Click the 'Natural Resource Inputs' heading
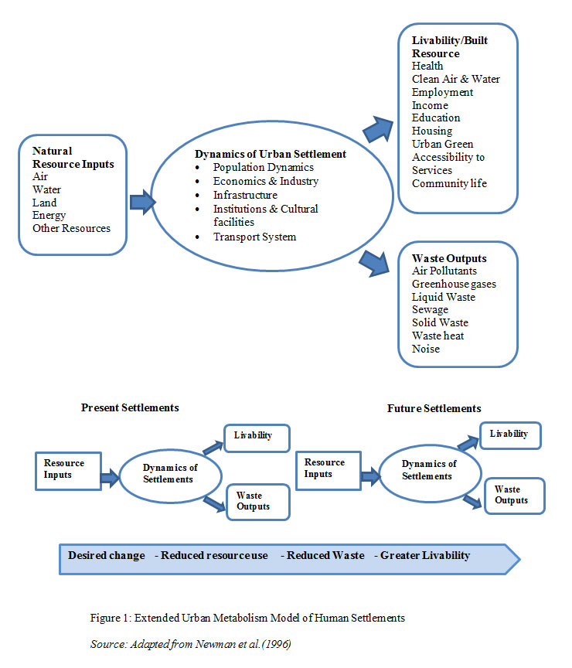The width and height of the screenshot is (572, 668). coord(73,158)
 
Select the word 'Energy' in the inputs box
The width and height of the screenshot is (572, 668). coord(49,216)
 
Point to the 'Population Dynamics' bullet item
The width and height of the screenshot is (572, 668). coord(264,168)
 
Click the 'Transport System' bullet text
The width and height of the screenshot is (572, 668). coord(255,237)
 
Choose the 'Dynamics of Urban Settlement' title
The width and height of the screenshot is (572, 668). coord(271,154)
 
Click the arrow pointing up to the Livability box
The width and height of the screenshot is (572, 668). coord(378,129)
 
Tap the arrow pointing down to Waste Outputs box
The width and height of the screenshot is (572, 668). coord(374,264)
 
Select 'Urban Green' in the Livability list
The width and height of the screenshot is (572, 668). coord(442,144)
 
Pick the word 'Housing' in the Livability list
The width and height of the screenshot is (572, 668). coord(432,131)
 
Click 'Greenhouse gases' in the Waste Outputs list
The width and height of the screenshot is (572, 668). coord(454,285)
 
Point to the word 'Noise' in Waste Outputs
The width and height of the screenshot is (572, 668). coord(426,349)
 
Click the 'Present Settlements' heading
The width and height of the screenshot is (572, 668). coord(130,407)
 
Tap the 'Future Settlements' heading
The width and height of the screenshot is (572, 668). coord(434,408)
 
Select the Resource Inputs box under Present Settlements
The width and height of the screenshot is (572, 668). coord(68,471)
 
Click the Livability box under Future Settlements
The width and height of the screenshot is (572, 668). coord(510,436)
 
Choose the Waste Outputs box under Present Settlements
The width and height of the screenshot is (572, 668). coord(258,502)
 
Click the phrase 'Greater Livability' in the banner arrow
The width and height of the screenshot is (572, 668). coord(425,556)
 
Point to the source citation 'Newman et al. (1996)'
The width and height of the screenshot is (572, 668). coord(243,644)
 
